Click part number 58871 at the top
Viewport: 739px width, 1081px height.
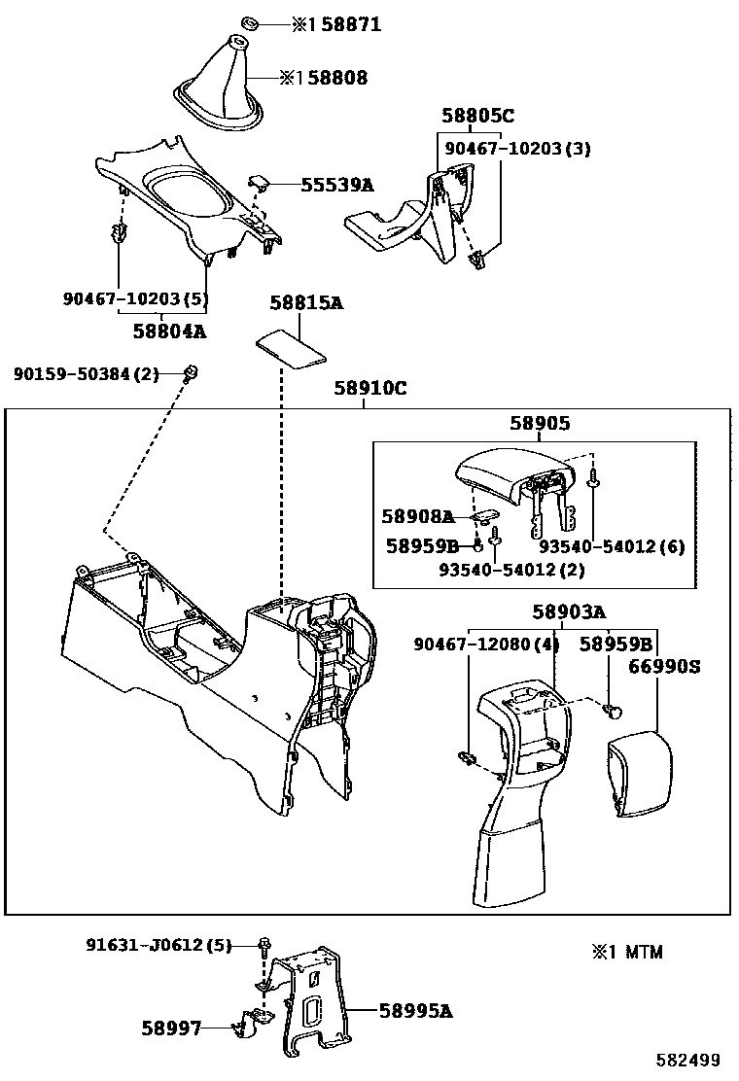tap(346, 25)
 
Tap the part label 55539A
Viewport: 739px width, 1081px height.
tap(337, 184)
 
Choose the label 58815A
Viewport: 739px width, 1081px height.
tap(306, 303)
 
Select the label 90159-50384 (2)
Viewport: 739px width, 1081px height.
tap(87, 373)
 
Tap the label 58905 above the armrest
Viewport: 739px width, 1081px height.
tap(540, 424)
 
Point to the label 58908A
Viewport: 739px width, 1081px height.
tap(419, 517)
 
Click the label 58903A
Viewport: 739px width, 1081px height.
tap(569, 611)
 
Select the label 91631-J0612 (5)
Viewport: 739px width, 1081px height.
tap(158, 944)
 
